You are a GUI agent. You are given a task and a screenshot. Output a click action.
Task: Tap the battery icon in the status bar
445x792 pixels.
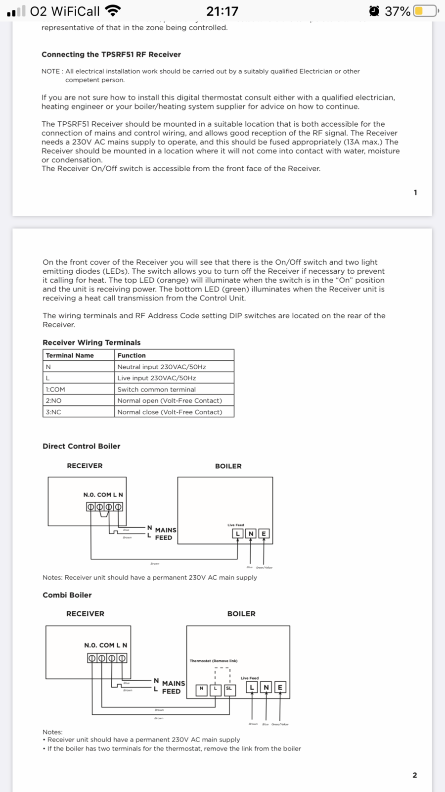pos(426,11)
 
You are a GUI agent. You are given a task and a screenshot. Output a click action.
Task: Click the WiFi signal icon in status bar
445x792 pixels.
pos(113,10)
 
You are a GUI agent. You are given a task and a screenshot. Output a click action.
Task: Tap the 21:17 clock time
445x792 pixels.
pos(222,11)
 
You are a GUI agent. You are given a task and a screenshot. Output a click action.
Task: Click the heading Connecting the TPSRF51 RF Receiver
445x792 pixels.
pos(111,54)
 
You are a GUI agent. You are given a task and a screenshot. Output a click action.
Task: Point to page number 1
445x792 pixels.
pos(415,193)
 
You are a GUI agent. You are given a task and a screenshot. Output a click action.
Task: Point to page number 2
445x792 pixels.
pos(414,775)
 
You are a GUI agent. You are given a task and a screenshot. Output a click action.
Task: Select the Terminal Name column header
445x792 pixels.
pos(70,355)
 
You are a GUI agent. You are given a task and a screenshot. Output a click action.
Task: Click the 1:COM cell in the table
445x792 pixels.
pos(55,390)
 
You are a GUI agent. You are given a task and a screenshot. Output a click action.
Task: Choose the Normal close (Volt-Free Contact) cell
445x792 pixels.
pos(170,412)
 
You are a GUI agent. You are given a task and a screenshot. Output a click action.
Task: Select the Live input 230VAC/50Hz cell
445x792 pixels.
pos(156,378)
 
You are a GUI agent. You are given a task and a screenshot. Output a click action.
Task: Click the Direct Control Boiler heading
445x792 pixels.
pos(82,446)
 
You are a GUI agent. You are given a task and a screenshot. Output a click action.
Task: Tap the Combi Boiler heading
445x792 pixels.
pos(67,595)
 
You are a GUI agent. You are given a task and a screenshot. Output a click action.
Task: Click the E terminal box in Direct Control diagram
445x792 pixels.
pos(264,534)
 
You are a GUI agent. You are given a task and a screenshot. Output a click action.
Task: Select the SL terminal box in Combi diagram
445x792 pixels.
pos(229,689)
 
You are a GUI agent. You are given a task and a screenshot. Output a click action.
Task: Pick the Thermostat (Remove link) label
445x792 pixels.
pos(214,661)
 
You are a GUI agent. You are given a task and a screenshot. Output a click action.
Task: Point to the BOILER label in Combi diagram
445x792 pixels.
pos(241,614)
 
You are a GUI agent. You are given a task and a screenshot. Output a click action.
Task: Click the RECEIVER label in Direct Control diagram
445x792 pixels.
pos(85,466)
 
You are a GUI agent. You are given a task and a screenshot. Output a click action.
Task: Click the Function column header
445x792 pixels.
pos(132,355)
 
